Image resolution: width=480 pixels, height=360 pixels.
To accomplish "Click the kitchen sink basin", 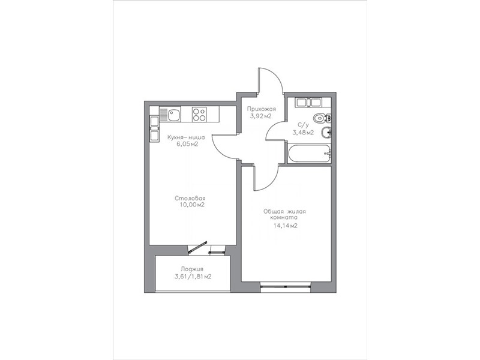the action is [173, 115].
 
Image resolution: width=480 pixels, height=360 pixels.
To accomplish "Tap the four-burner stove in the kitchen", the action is [199, 114].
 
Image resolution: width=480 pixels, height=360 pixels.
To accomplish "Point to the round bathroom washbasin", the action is [326, 133].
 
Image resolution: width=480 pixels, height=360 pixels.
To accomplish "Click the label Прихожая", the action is [262, 109].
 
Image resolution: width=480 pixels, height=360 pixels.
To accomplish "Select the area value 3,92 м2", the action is [261, 116].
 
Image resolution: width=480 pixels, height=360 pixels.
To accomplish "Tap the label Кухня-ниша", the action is [186, 137].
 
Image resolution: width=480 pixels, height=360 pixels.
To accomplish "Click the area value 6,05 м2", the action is [187, 145].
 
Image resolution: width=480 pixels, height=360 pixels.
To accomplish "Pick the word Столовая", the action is [190, 198].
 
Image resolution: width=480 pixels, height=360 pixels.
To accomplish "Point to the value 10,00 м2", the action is [192, 205].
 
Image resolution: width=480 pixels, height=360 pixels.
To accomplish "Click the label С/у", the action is [303, 125].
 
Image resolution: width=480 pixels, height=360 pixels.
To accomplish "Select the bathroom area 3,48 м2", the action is [303, 133].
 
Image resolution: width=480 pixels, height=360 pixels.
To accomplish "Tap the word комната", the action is [283, 218].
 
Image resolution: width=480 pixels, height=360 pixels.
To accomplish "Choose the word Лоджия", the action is [192, 269].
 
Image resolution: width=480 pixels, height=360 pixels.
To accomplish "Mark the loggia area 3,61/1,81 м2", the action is [193, 277].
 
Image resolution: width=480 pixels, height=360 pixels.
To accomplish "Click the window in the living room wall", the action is [286, 287].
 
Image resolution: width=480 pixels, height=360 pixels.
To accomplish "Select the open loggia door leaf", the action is [198, 247].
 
